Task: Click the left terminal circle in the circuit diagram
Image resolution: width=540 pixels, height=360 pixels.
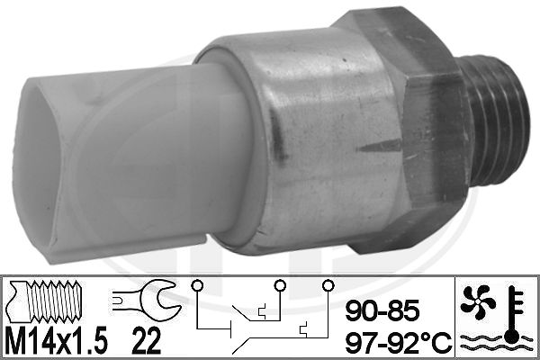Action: point(195,287)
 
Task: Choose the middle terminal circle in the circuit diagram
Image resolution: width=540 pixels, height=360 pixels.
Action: point(281,287)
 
